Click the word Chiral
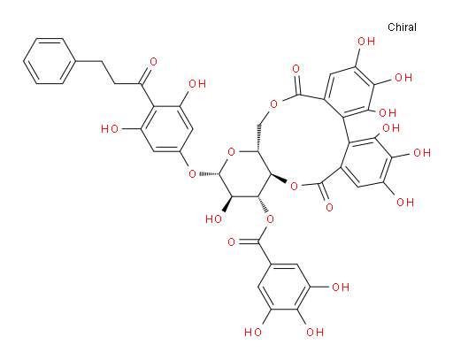pos(402,27)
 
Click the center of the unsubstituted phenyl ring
pos(49,61)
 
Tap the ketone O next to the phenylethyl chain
pos(153,62)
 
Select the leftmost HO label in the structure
pos(110,129)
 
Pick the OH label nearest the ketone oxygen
pos(197,84)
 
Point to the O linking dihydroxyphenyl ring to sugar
pos(192,173)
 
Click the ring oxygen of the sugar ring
pos(232,152)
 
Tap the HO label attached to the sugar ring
pos(214,218)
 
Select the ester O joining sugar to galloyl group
pos(270,219)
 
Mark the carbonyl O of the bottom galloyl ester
pos(232,242)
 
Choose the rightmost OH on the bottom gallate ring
pos(341,287)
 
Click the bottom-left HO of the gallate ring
pos(253,333)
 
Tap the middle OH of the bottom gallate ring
pos(315,333)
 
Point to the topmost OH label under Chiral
pos(366,42)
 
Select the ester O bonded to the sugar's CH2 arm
pos(274,104)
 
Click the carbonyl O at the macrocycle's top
pos(296,69)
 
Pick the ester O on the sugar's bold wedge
pos(294,186)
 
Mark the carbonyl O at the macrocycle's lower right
pos(329,207)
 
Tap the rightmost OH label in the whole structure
pos(422,153)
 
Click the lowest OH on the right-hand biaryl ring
pos(405,203)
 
